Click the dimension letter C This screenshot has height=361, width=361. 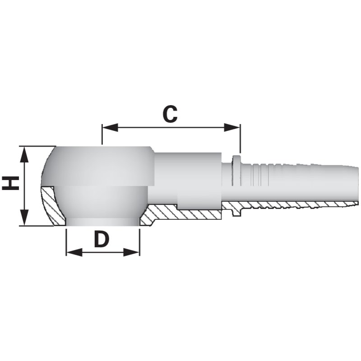click(170, 114)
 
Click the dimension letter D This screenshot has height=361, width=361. click(102, 240)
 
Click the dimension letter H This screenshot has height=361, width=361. click(10, 184)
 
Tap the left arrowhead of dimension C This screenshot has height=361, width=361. click(110, 127)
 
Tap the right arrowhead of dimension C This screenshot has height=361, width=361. click(232, 127)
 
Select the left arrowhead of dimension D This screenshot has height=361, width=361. click(74, 252)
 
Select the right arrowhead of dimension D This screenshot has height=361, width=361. click(131, 252)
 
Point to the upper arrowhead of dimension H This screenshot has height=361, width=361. click(24, 155)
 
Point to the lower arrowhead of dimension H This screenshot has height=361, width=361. click(24, 218)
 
